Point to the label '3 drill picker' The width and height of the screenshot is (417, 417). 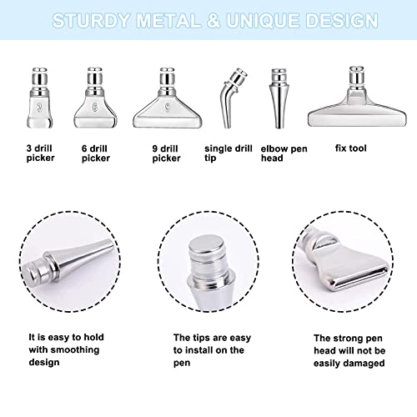tap(43, 153)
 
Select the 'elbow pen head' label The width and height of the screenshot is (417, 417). tap(283, 153)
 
